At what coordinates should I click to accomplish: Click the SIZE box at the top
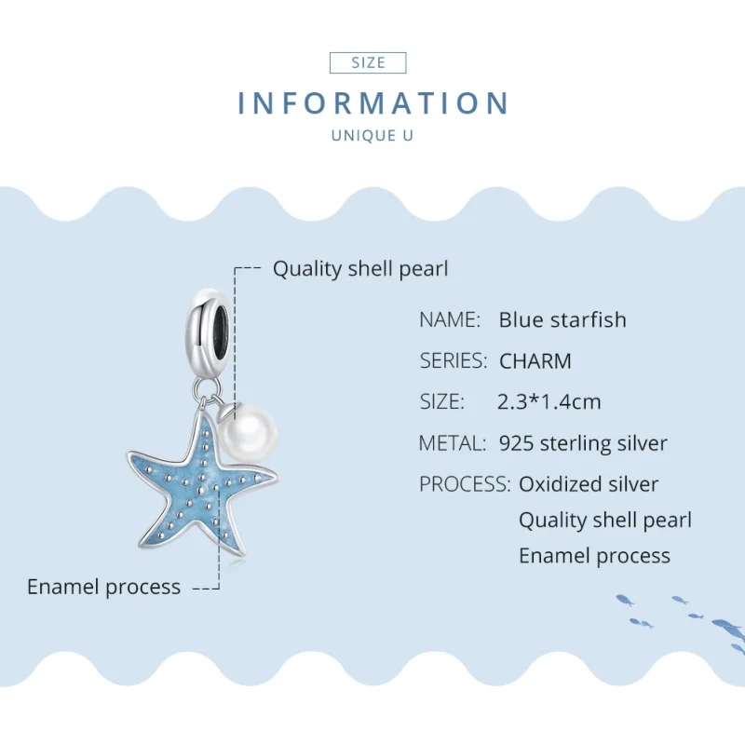tap(369, 62)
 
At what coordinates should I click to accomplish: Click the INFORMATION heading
tap(373, 103)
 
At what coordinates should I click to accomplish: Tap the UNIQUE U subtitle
tap(372, 136)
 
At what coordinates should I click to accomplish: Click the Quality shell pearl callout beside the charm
tap(360, 269)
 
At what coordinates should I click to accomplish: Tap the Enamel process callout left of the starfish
tap(103, 587)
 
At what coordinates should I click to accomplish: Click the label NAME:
tap(450, 319)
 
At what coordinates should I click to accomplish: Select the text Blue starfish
tap(562, 319)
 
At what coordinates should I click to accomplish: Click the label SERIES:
tap(454, 360)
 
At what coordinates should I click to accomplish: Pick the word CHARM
tap(535, 360)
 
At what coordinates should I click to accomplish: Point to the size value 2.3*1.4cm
tap(549, 401)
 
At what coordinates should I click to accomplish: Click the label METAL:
tap(453, 443)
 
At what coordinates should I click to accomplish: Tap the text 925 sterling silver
tap(583, 443)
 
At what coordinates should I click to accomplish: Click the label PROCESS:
tap(465, 484)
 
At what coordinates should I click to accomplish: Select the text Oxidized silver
tap(589, 484)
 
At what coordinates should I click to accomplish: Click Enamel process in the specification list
tap(594, 556)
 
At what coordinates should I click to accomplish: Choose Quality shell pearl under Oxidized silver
tap(605, 520)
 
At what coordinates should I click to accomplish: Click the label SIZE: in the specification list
tap(441, 401)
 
